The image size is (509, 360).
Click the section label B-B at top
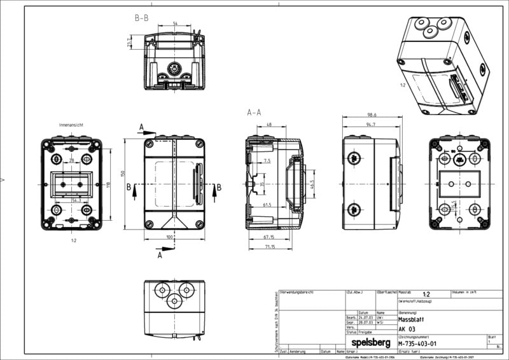click(x=141, y=18)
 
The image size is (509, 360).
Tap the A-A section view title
click(x=254, y=113)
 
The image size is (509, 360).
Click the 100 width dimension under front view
click(x=170, y=237)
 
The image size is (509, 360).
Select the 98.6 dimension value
click(x=372, y=114)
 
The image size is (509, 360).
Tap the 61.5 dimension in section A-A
click(x=267, y=205)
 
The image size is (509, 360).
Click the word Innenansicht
click(x=72, y=125)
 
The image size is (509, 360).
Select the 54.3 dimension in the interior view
click(x=76, y=200)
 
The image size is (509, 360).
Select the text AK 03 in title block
click(x=407, y=329)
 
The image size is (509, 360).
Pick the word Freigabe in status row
click(x=365, y=332)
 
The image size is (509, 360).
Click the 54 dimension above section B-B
click(x=174, y=23)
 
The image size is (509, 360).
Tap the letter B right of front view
click(x=219, y=187)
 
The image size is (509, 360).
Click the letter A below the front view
click(x=160, y=256)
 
